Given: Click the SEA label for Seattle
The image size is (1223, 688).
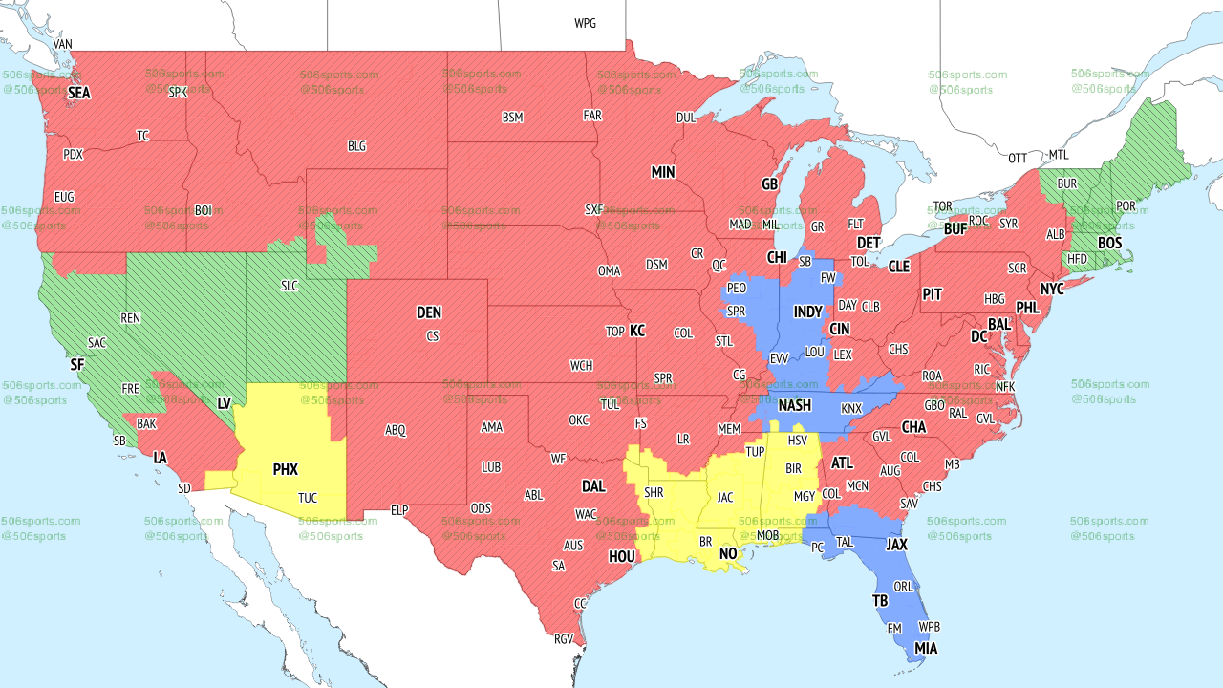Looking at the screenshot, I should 78,94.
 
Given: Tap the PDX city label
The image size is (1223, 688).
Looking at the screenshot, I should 73,155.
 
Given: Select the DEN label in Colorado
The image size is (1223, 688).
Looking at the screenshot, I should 429,312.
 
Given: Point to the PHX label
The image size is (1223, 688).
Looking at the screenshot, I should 285,470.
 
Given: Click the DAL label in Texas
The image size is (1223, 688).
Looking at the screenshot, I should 593,486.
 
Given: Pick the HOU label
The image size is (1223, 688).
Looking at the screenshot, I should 621,556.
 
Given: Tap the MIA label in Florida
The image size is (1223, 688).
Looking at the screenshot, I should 925,649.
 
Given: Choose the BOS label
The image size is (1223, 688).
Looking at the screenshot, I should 1109,244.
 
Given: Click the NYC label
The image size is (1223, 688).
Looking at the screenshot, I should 1052,289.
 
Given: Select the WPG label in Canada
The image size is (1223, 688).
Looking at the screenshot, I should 585,23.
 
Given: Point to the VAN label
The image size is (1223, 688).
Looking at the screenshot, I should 63,45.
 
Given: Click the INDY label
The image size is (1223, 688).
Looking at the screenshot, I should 807,312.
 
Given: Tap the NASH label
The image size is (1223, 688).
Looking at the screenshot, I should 794,406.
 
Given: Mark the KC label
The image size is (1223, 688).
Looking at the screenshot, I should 637,332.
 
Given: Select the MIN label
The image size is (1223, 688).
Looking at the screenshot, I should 663,173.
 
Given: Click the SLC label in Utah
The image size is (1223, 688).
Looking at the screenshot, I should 290,286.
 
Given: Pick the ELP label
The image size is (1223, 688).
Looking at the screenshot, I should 399,511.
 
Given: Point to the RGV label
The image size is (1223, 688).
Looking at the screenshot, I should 564,639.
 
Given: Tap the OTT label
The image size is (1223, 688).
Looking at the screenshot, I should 1018,158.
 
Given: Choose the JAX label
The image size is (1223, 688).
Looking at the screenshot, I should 896,544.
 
